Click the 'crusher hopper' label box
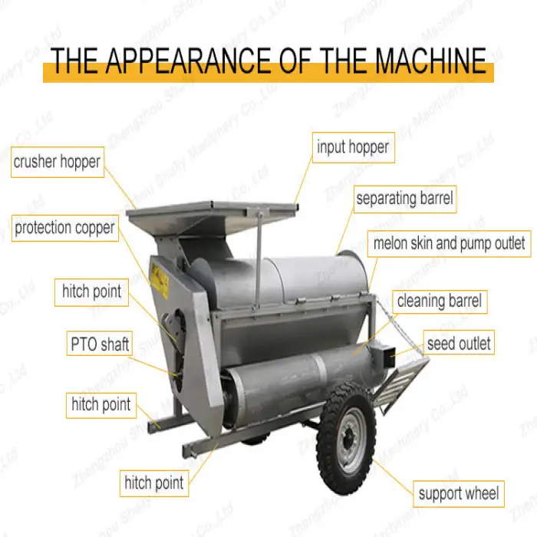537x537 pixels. pos(58,162)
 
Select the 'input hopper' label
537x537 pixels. pos(354,147)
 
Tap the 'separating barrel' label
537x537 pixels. pos(405,199)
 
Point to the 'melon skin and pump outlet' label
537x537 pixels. pos(450,244)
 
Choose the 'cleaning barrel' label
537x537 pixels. pos(440,301)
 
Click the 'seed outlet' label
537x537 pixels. pos(459,342)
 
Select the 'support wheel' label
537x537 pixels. pos(459,494)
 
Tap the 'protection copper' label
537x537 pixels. pos(65,229)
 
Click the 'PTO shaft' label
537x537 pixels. pos(100,344)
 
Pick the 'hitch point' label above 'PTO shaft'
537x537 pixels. pos(91,292)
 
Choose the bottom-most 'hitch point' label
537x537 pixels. pos(154,483)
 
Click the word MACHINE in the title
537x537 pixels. pos(431,61)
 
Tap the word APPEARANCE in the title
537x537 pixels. pos(188,61)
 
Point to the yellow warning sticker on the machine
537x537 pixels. pos(159,282)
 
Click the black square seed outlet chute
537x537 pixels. pos(385,356)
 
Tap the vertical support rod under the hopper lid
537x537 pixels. pos(259,256)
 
